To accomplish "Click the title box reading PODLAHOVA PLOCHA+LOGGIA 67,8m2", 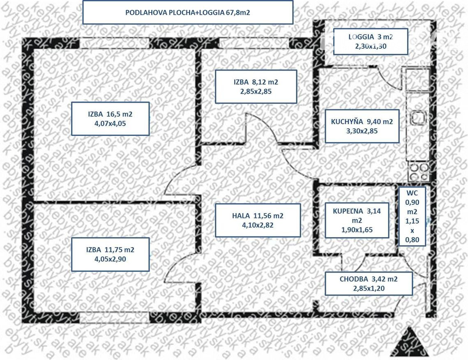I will coord(188,12).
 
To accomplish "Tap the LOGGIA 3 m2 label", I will coord(370,41).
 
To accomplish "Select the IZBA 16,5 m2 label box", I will coord(110,118).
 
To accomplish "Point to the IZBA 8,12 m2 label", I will coord(256,87).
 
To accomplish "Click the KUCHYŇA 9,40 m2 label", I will coord(362,126).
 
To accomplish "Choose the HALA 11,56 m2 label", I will coord(258,220).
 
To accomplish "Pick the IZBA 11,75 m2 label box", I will coord(110,254).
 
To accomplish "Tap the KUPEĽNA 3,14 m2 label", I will coord(356,220).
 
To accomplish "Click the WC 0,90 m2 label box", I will coord(412,216).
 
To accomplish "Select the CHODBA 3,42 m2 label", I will coord(369,283).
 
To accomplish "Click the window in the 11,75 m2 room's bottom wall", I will coord(114,317).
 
